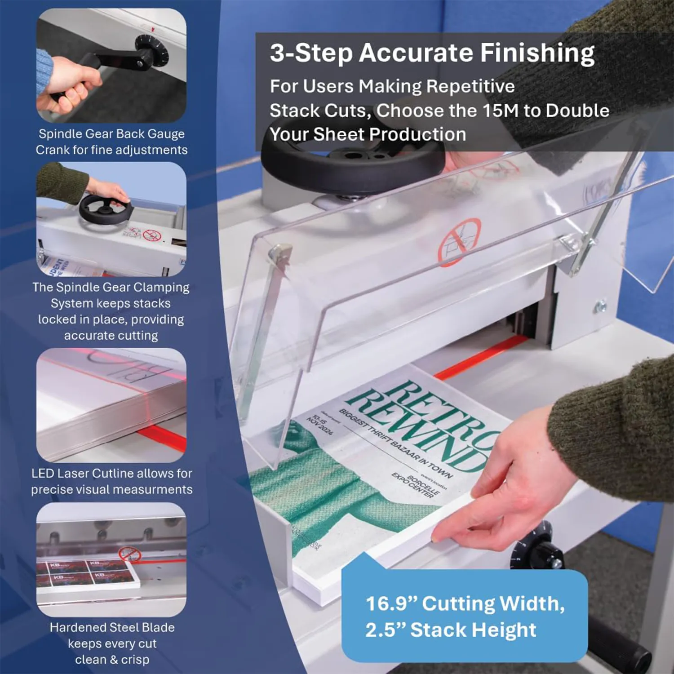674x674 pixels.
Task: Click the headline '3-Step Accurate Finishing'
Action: tap(432, 53)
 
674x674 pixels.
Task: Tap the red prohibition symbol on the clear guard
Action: tap(459, 242)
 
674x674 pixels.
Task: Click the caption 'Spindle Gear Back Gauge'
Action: tap(111, 134)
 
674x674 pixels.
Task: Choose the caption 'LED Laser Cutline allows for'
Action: tap(111, 474)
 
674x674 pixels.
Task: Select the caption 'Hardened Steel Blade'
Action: tap(112, 627)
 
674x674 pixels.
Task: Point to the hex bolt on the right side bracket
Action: tap(600, 307)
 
